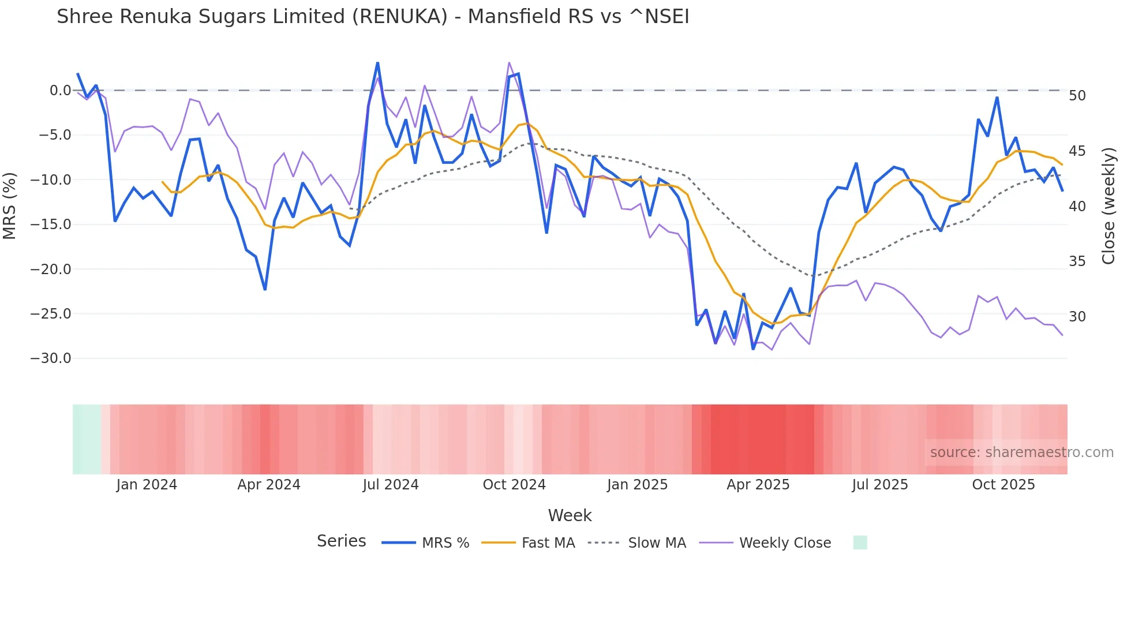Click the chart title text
click(373, 17)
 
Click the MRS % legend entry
click(445, 543)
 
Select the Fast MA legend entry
click(548, 543)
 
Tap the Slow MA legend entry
click(657, 543)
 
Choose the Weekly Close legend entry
click(785, 543)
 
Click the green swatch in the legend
click(860, 543)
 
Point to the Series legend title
click(341, 541)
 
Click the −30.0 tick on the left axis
click(51, 358)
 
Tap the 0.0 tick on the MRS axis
click(60, 91)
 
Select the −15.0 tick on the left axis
click(51, 225)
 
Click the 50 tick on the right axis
click(1077, 96)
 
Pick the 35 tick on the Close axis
click(1077, 261)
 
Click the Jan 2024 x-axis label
click(147, 485)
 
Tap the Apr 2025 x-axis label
click(758, 485)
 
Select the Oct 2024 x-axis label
click(514, 485)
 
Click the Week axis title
click(570, 515)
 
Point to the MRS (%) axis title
click(10, 206)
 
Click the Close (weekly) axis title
click(1108, 206)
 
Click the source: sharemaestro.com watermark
click(1021, 452)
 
